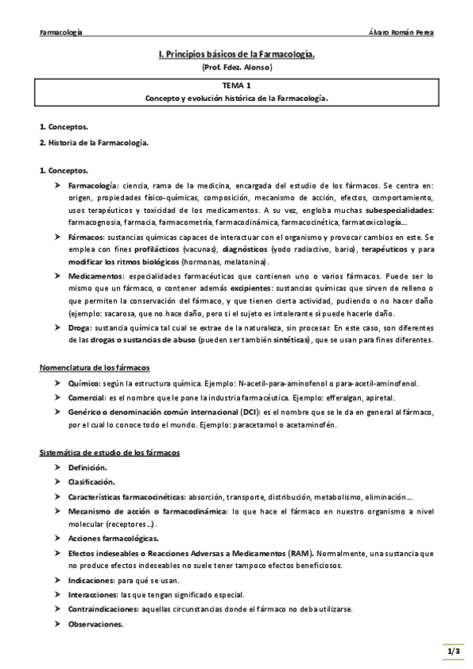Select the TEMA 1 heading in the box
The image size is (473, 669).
pos(236,86)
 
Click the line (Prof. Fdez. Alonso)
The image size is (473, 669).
pos(236,68)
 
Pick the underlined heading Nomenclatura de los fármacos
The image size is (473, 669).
pos(94,368)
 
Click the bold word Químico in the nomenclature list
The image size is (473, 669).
pos(83,383)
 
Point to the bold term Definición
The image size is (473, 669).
pos(88,468)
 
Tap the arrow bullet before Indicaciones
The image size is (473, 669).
pos(58,580)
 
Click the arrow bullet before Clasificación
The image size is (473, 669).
pos(58,482)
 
